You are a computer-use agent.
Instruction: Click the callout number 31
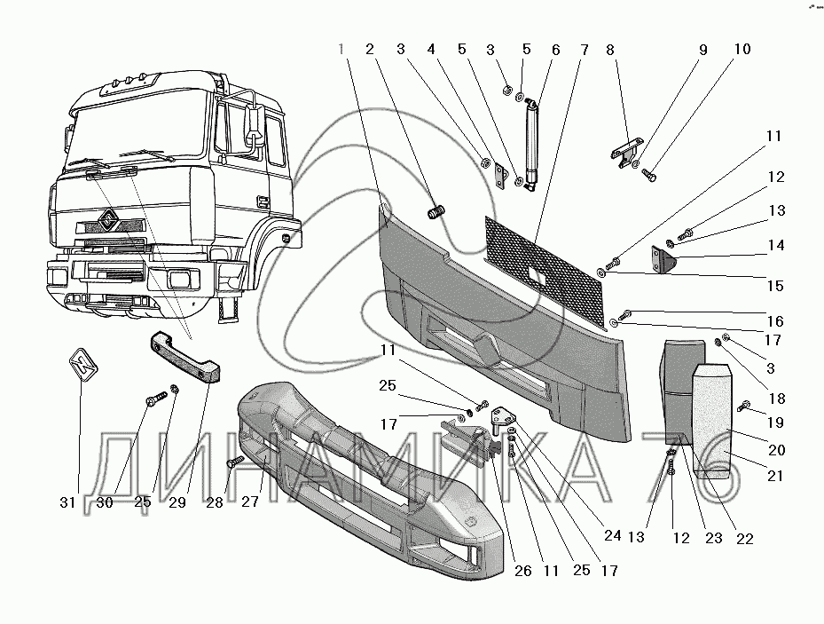click(67, 502)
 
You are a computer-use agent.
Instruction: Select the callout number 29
click(177, 502)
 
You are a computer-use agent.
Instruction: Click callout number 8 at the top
click(610, 50)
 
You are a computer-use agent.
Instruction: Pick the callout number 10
click(742, 50)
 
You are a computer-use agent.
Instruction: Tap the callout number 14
click(776, 246)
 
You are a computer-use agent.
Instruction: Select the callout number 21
click(775, 476)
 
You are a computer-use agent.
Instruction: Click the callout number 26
click(523, 571)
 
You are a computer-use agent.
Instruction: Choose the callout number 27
click(250, 502)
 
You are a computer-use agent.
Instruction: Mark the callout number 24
click(613, 536)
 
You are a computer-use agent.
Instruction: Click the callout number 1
click(341, 50)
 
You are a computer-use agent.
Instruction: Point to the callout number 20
click(777, 450)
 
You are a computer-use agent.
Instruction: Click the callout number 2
click(370, 50)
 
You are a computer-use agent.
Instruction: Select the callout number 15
click(775, 286)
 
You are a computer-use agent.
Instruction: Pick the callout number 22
click(745, 539)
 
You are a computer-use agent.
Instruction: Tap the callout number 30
click(105, 502)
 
